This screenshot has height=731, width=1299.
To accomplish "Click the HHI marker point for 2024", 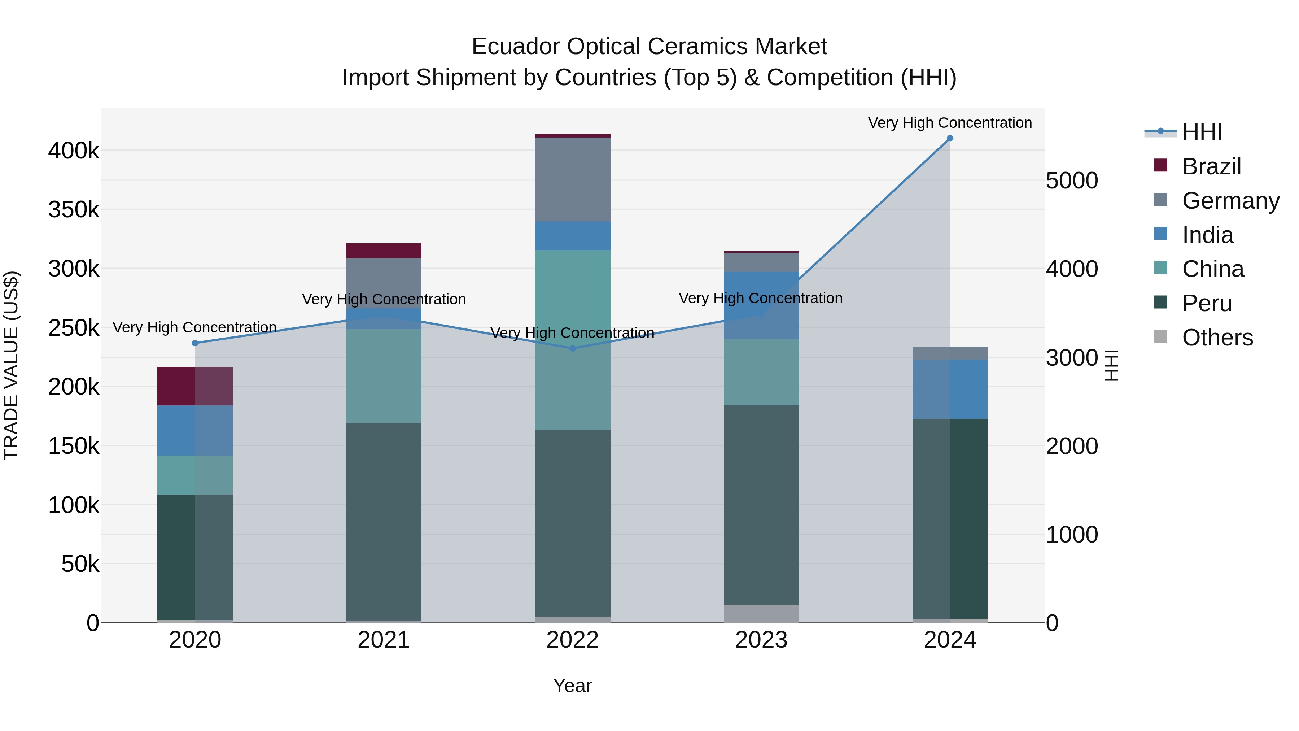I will (x=950, y=138).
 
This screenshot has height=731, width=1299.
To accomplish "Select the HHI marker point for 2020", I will (x=195, y=343).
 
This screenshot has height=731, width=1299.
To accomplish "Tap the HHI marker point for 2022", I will (x=572, y=348).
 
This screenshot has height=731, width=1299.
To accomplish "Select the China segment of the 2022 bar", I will (x=572, y=340).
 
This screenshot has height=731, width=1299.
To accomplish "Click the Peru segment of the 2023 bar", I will (x=761, y=505).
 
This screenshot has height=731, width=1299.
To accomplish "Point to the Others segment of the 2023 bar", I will (x=761, y=613).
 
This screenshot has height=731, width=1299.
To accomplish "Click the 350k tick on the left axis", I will (x=74, y=209).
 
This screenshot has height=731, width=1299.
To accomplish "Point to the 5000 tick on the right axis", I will (x=1072, y=180).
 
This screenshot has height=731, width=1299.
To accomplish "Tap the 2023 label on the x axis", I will (x=761, y=640).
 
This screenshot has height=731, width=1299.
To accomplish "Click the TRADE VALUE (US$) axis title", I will (x=11, y=365).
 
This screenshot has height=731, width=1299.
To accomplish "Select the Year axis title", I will (x=572, y=686).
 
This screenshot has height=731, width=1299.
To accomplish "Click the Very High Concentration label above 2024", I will (x=950, y=123).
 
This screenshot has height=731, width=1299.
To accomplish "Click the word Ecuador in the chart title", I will (x=515, y=47).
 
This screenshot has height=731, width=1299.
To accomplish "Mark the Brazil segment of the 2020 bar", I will (x=195, y=386).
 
